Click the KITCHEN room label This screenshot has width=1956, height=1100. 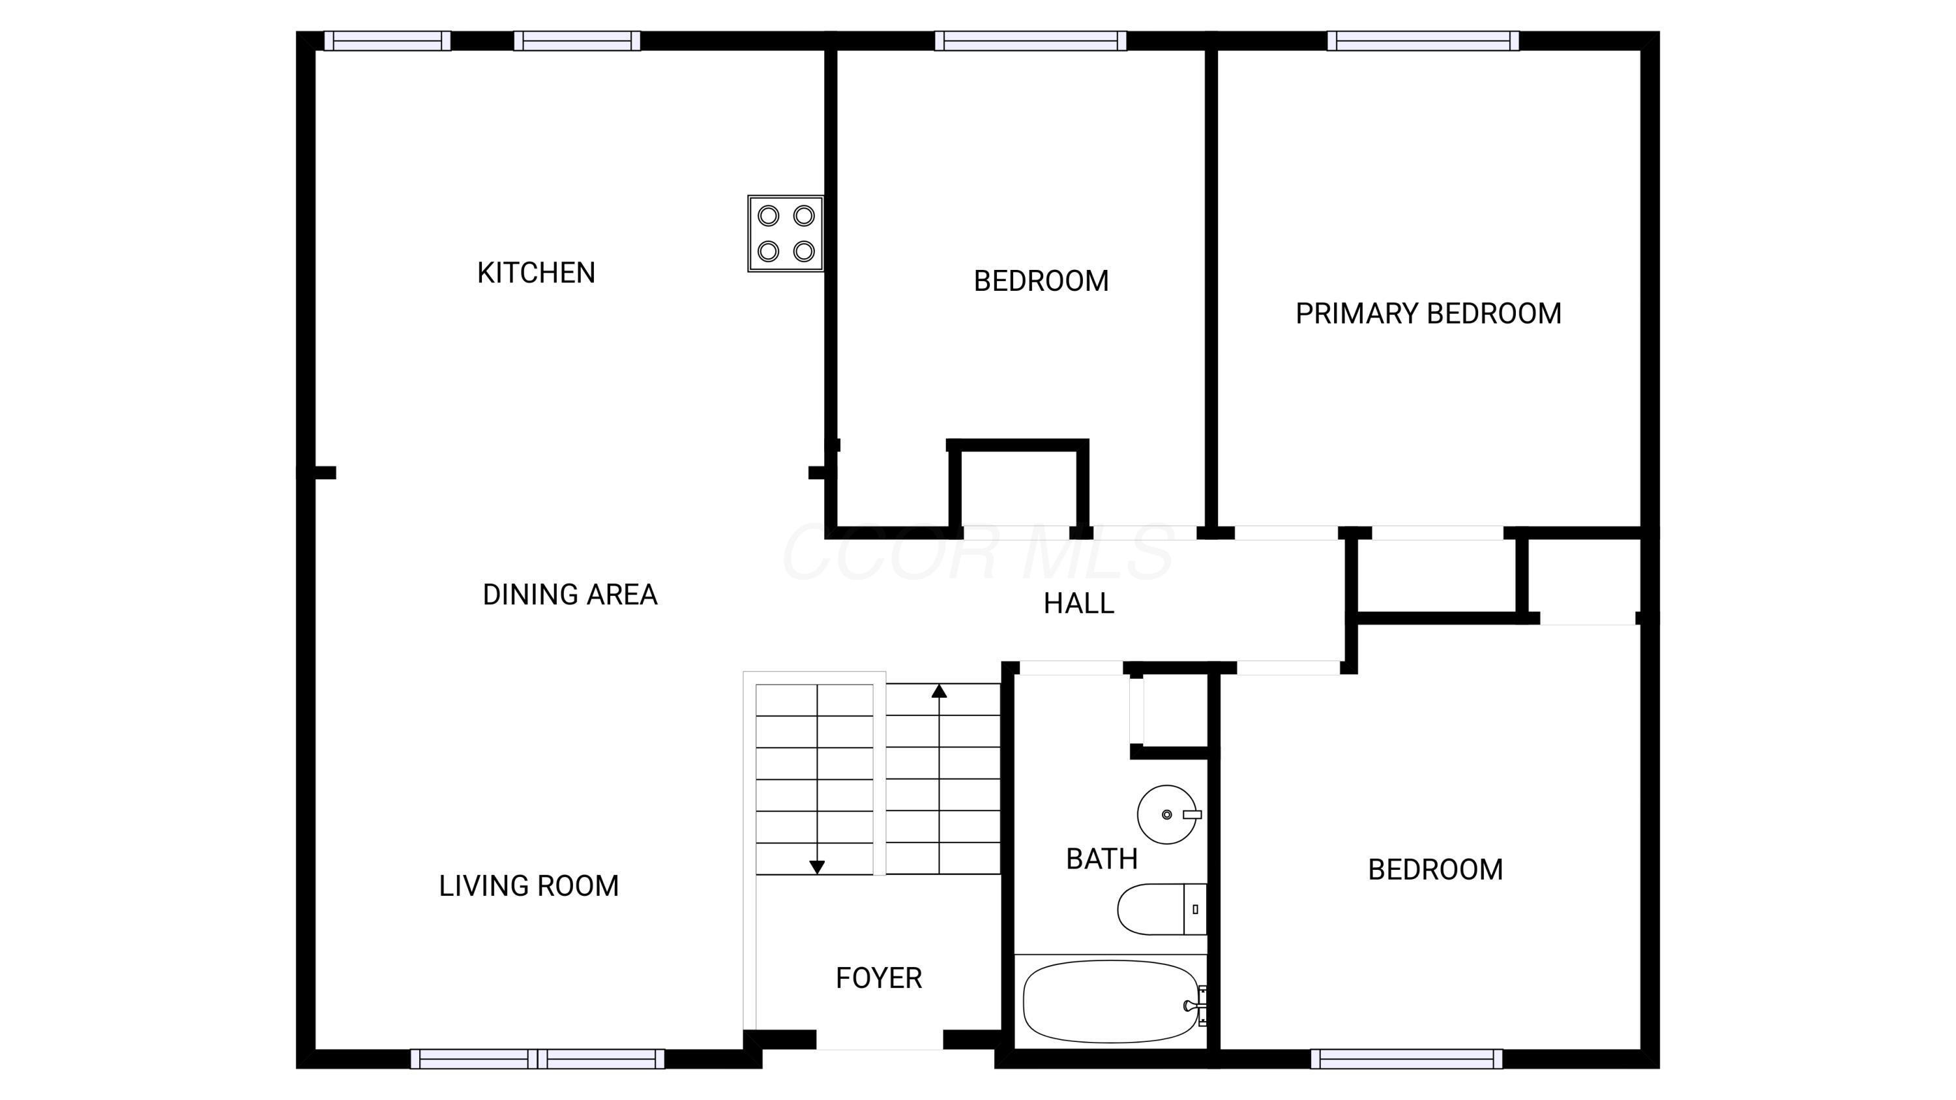tap(536, 273)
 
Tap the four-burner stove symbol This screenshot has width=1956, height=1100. tap(785, 234)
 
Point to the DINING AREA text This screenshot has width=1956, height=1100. tap(569, 595)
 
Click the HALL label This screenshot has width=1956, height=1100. tap(1078, 604)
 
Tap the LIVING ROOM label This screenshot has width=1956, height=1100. tap(529, 886)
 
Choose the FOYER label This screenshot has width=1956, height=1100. tap(878, 978)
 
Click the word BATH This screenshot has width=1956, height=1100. tap(1102, 859)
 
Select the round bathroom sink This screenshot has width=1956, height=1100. tap(1167, 814)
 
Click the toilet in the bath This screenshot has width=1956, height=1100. tap(1159, 909)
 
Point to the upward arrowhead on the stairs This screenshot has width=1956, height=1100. tap(940, 691)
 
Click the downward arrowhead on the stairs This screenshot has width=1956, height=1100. tap(817, 867)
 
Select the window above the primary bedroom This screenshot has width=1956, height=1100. tap(1423, 41)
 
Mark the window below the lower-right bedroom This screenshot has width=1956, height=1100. tap(1406, 1058)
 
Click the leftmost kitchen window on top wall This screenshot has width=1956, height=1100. tap(387, 41)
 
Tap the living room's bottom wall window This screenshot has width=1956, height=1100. tap(538, 1058)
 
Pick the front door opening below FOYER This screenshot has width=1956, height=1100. tap(880, 1041)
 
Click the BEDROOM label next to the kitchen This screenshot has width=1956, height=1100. tap(1041, 281)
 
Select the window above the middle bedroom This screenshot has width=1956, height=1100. tap(1030, 41)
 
